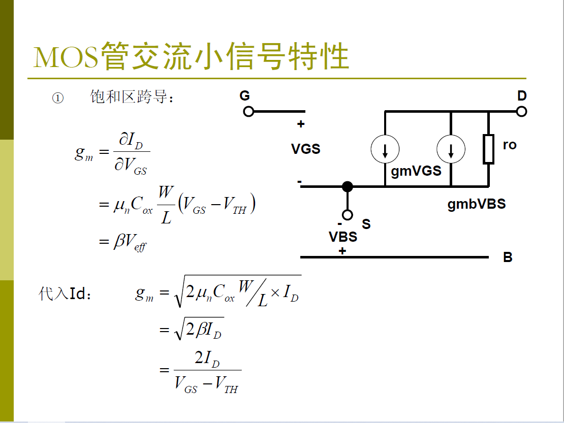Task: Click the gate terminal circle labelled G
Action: (248, 111)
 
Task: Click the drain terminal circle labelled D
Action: (521, 111)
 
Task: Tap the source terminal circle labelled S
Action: (347, 214)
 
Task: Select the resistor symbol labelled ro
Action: (488, 149)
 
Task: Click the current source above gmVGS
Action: (385, 149)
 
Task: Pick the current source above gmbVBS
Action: (451, 149)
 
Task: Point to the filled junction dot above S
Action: (347, 186)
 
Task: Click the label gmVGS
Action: (416, 171)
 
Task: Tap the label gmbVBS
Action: (476, 204)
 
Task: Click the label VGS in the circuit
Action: (305, 149)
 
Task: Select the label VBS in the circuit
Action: (342, 237)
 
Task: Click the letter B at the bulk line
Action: (508, 257)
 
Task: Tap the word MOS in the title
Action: (66, 57)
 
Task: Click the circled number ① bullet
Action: (58, 98)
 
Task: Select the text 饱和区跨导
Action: (129, 97)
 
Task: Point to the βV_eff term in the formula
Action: (130, 243)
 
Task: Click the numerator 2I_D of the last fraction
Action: (207, 359)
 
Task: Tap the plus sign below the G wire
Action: (301, 124)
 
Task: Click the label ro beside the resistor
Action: (509, 145)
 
